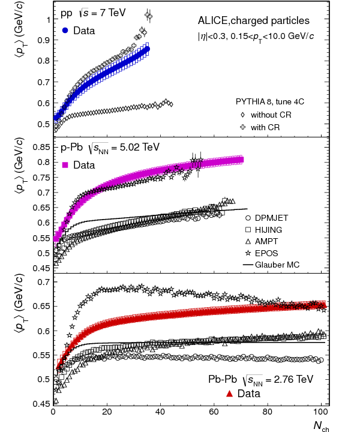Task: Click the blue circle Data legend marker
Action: pyautogui.click(x=65, y=30)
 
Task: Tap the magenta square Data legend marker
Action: pyautogui.click(x=65, y=164)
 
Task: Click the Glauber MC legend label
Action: pyautogui.click(x=277, y=265)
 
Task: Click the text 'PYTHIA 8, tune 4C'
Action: pyautogui.click(x=269, y=101)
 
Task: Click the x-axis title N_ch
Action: pyautogui.click(x=322, y=425)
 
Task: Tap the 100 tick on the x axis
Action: pyautogui.click(x=322, y=412)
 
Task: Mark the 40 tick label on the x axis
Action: pyautogui.click(x=161, y=412)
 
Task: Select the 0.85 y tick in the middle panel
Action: pyautogui.click(x=40, y=147)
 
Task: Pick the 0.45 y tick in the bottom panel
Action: pyautogui.click(x=40, y=404)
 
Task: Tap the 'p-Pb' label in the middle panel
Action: pyautogui.click(x=71, y=147)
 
